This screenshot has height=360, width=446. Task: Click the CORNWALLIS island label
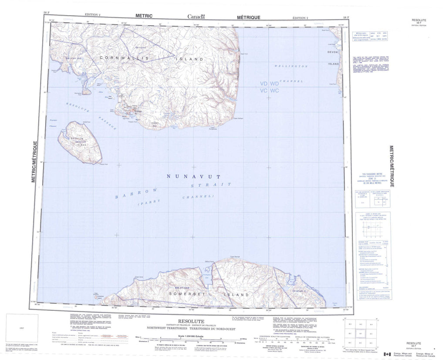(x=124, y=58)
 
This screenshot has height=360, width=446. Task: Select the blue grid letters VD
(x=264, y=83)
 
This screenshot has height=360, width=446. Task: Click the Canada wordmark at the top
(x=196, y=17)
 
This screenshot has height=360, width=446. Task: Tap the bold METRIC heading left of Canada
(x=144, y=16)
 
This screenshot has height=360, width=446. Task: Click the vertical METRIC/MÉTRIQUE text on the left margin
(x=34, y=161)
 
